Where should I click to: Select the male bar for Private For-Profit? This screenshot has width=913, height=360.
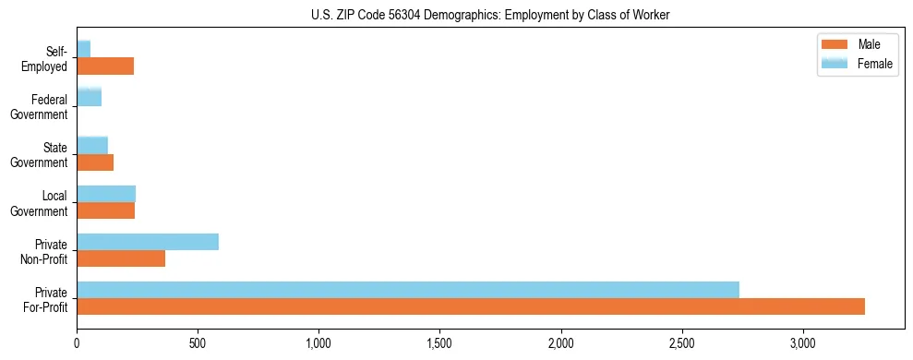(471, 306)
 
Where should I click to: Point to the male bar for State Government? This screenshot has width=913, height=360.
(95, 162)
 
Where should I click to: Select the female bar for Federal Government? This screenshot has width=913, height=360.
(89, 97)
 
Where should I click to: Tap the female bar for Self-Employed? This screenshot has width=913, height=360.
(83, 49)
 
